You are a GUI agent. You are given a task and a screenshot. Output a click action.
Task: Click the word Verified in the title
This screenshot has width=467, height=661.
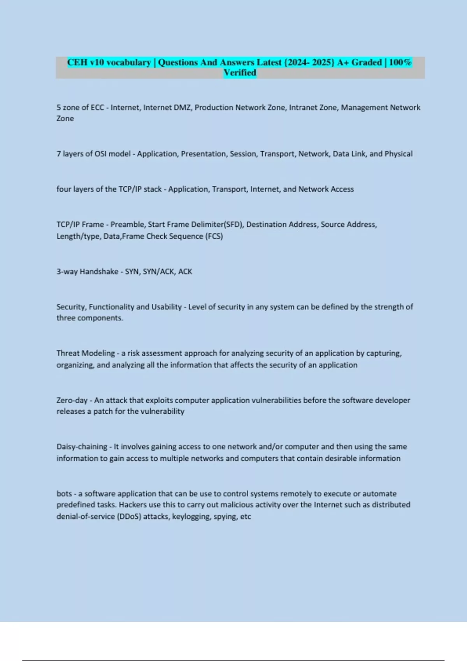pos(240,73)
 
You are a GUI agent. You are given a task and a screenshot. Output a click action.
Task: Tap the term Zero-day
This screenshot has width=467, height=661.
pos(72,400)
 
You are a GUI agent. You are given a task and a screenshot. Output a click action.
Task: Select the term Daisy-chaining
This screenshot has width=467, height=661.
pos(82,447)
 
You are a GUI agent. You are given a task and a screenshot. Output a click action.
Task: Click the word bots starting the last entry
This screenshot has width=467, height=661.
pos(64,493)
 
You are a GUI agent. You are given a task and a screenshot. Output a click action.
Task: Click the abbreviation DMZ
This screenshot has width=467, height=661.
pos(182,107)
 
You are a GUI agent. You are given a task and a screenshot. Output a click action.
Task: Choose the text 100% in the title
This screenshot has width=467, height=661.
pos(400,62)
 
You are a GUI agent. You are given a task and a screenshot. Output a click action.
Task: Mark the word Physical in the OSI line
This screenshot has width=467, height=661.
pos(399,154)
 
